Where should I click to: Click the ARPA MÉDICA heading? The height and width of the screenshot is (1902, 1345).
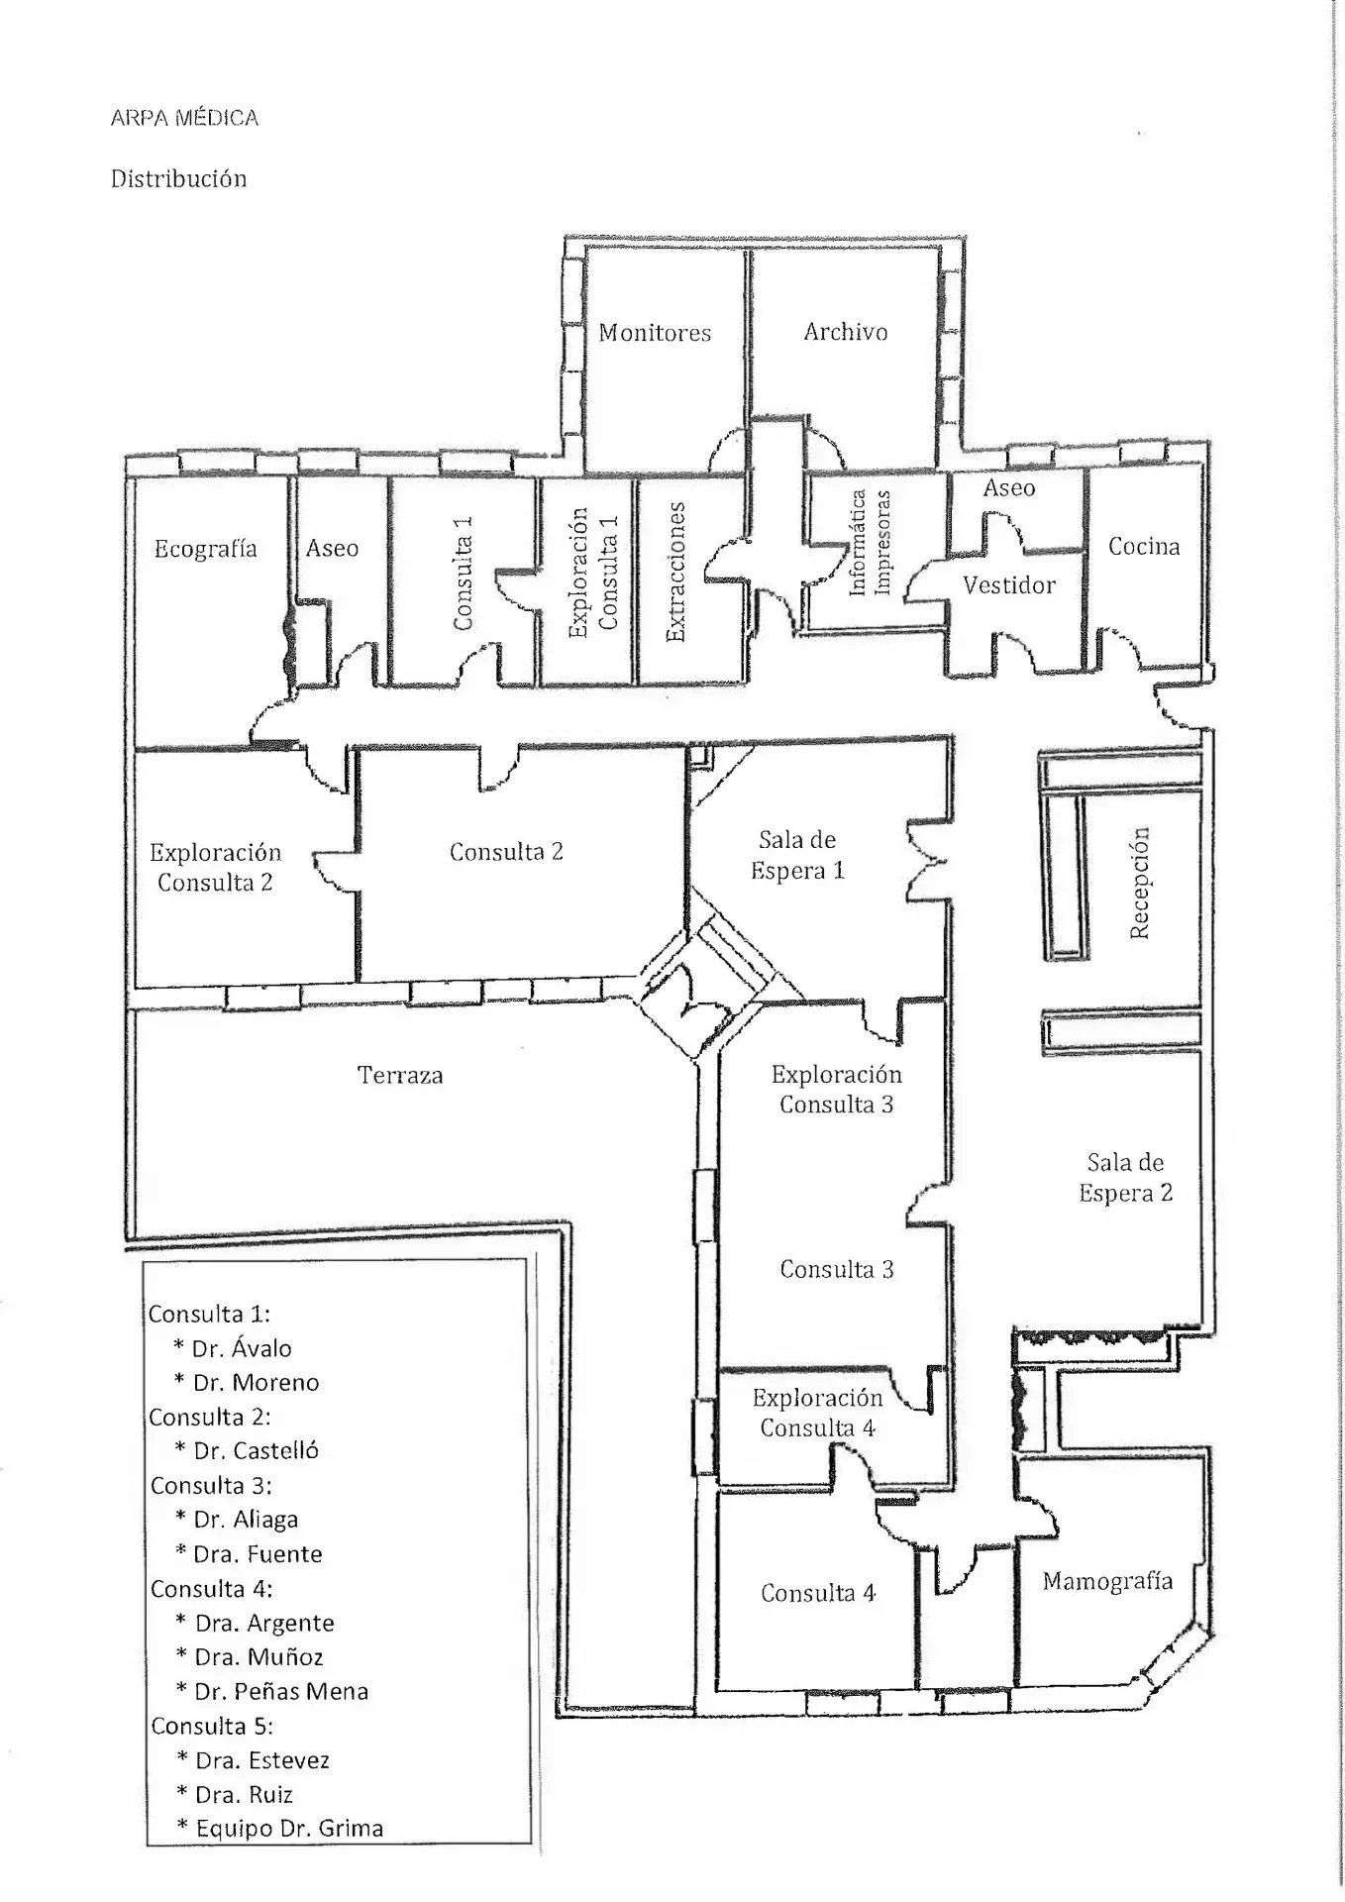184,118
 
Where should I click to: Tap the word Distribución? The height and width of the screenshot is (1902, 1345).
178,179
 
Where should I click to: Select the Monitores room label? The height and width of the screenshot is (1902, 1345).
655,333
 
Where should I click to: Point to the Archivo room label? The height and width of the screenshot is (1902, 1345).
845,332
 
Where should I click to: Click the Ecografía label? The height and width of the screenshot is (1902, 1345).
205,549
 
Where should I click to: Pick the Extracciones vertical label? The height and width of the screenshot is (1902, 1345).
676,572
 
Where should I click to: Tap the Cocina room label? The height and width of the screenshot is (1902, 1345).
1144,546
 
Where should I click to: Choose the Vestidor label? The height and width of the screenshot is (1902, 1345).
1009,585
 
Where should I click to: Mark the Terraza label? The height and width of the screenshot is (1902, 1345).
400,1075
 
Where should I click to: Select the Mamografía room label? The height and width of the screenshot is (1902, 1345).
1107,1582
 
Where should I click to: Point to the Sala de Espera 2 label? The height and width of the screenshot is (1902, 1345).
1125,1178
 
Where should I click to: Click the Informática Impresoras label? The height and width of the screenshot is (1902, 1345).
871,543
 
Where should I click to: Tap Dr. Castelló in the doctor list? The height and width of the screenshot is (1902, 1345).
256,1451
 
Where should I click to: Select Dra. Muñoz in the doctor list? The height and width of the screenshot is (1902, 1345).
259,1657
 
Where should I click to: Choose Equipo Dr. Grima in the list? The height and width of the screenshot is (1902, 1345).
289,1829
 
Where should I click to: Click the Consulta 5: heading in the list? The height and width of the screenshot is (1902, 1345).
212,1726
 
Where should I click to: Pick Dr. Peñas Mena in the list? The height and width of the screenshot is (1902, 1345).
281,1692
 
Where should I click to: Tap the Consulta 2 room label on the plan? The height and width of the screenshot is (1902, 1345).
506,852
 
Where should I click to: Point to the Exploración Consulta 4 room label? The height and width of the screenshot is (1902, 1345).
817,1413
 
